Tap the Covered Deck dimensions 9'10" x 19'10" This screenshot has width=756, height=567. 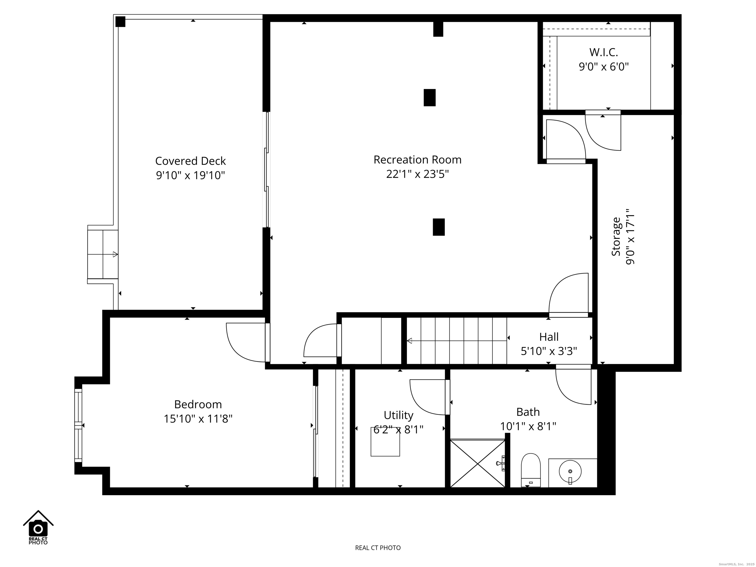coord(190,175)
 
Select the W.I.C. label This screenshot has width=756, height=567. coord(604,52)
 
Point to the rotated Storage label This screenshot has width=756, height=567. coord(616,236)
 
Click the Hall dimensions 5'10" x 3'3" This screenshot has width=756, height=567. coord(549,351)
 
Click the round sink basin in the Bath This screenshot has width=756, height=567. coord(570,472)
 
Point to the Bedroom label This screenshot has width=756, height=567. coord(198,404)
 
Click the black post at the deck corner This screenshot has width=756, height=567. coord(120,21)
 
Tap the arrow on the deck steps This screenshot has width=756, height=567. coord(115,254)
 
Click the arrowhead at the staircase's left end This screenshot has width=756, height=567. coord(409,341)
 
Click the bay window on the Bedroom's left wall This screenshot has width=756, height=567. coord(79,425)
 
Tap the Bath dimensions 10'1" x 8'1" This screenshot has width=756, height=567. coord(528,426)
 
